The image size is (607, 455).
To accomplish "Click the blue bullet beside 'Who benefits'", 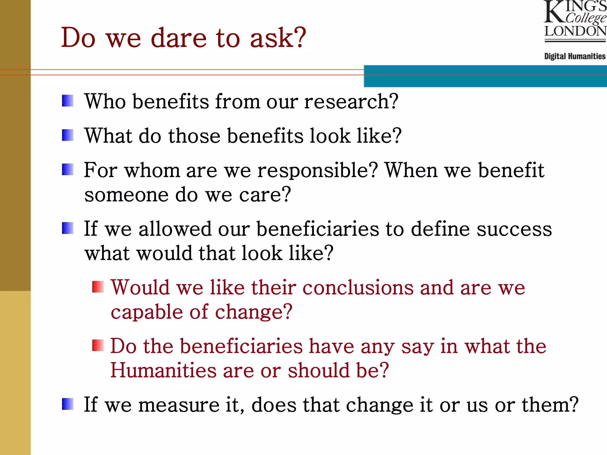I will (x=68, y=101).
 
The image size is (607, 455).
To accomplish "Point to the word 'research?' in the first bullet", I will (x=351, y=102).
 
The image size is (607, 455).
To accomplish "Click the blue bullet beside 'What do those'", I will (x=68, y=135).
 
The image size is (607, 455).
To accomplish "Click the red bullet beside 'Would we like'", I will (x=98, y=287).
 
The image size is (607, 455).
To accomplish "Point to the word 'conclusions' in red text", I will (x=358, y=288).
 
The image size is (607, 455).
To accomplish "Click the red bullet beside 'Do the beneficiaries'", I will (x=98, y=345).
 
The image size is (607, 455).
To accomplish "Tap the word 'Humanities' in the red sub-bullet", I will (x=163, y=370).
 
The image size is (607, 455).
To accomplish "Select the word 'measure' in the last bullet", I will (x=179, y=405).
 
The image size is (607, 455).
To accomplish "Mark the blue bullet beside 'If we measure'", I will (x=68, y=404).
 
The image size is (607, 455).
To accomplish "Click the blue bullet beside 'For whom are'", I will (x=68, y=170).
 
